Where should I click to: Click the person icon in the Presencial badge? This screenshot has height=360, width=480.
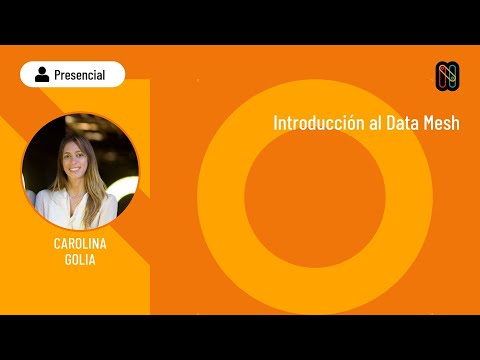tap(42, 74)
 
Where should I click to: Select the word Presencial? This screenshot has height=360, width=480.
tap(80, 74)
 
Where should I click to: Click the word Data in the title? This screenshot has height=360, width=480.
tap(403, 123)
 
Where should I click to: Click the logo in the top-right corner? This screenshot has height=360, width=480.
tap(446, 74)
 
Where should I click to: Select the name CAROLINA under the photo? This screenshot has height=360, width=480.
tap(80, 243)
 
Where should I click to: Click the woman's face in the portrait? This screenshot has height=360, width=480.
tap(75, 159)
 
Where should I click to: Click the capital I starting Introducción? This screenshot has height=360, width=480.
tap(276, 123)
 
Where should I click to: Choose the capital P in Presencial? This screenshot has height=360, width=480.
tap(59, 74)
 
